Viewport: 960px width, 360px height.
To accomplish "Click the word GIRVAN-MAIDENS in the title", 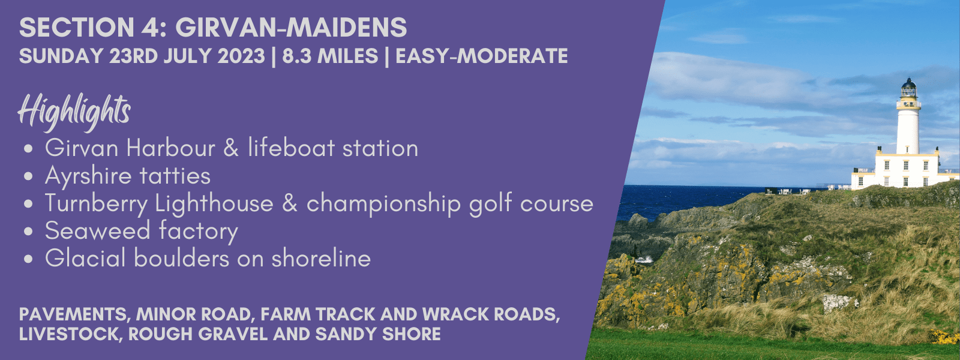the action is pos(291,28).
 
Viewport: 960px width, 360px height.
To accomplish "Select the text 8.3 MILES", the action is pos(330,56).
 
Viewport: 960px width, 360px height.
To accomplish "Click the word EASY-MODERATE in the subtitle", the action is pos(482,56).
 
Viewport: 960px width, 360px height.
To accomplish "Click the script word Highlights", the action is pos(74,110).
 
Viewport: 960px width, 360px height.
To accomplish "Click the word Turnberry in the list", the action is pos(96,204).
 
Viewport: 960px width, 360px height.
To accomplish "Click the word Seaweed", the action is pos(97,230).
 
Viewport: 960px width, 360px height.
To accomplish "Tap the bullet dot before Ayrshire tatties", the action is pos(29,176).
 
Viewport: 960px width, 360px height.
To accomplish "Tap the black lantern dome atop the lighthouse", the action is pos(908,88).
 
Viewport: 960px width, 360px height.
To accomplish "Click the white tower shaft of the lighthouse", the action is pos(908,131).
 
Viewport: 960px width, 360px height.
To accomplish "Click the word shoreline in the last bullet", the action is pos(321,259).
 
